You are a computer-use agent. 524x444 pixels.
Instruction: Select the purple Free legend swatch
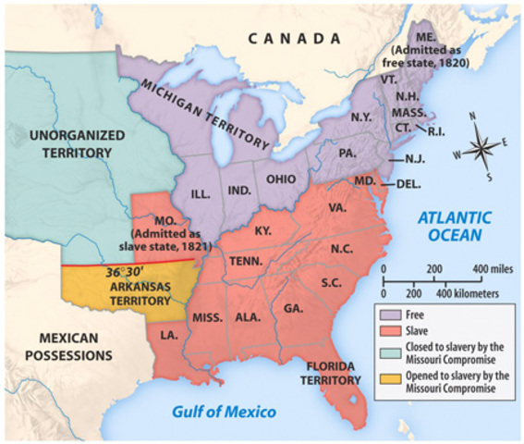[x=387, y=314]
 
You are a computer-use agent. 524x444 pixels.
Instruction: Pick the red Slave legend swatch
[x=387, y=331]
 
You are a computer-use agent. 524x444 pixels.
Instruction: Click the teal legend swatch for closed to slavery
[x=387, y=349]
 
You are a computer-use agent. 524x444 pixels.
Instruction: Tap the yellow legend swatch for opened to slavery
[x=387, y=378]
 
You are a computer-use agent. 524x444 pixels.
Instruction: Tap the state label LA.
[x=168, y=333]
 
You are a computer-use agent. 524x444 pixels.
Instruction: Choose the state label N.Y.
[x=360, y=117]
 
